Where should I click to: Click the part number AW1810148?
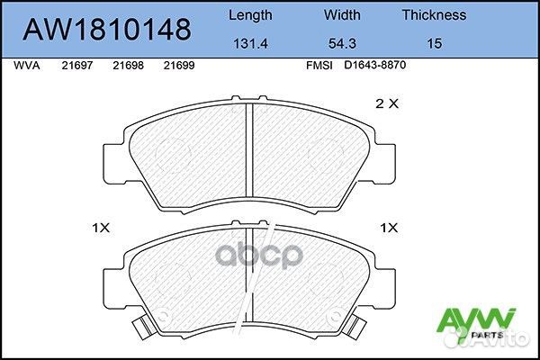pos(106,30)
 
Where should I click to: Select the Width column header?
pos(341,14)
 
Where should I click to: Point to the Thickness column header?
pos(433,14)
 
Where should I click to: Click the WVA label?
pos(26,66)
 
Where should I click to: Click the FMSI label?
pos(320,66)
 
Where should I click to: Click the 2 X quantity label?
pos(386,103)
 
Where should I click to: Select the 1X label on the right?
pos(390,228)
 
